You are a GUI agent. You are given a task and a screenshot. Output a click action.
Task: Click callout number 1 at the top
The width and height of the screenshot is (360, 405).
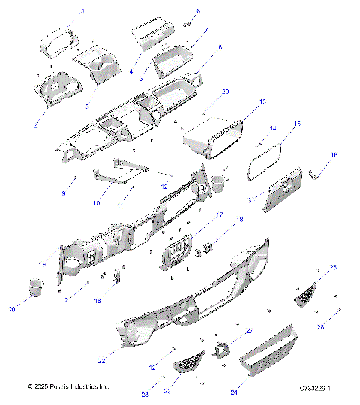(x=82, y=12)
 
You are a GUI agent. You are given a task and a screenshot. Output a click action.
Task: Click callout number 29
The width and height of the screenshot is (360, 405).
(x=225, y=91)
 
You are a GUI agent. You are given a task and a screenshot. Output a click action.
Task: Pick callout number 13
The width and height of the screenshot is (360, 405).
(x=262, y=100)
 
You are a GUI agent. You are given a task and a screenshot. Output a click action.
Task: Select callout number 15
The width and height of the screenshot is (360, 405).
(x=296, y=124)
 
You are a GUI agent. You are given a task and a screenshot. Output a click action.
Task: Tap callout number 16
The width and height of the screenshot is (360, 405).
(x=334, y=155)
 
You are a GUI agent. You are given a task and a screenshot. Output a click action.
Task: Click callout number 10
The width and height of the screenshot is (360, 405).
(x=96, y=203)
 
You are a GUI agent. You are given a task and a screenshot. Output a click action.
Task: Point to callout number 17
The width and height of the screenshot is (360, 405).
(x=220, y=214)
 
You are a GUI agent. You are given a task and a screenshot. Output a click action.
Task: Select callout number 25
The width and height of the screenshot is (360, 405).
(x=333, y=267)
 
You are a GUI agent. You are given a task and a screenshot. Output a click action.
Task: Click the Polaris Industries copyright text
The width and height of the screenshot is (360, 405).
(x=67, y=386)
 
